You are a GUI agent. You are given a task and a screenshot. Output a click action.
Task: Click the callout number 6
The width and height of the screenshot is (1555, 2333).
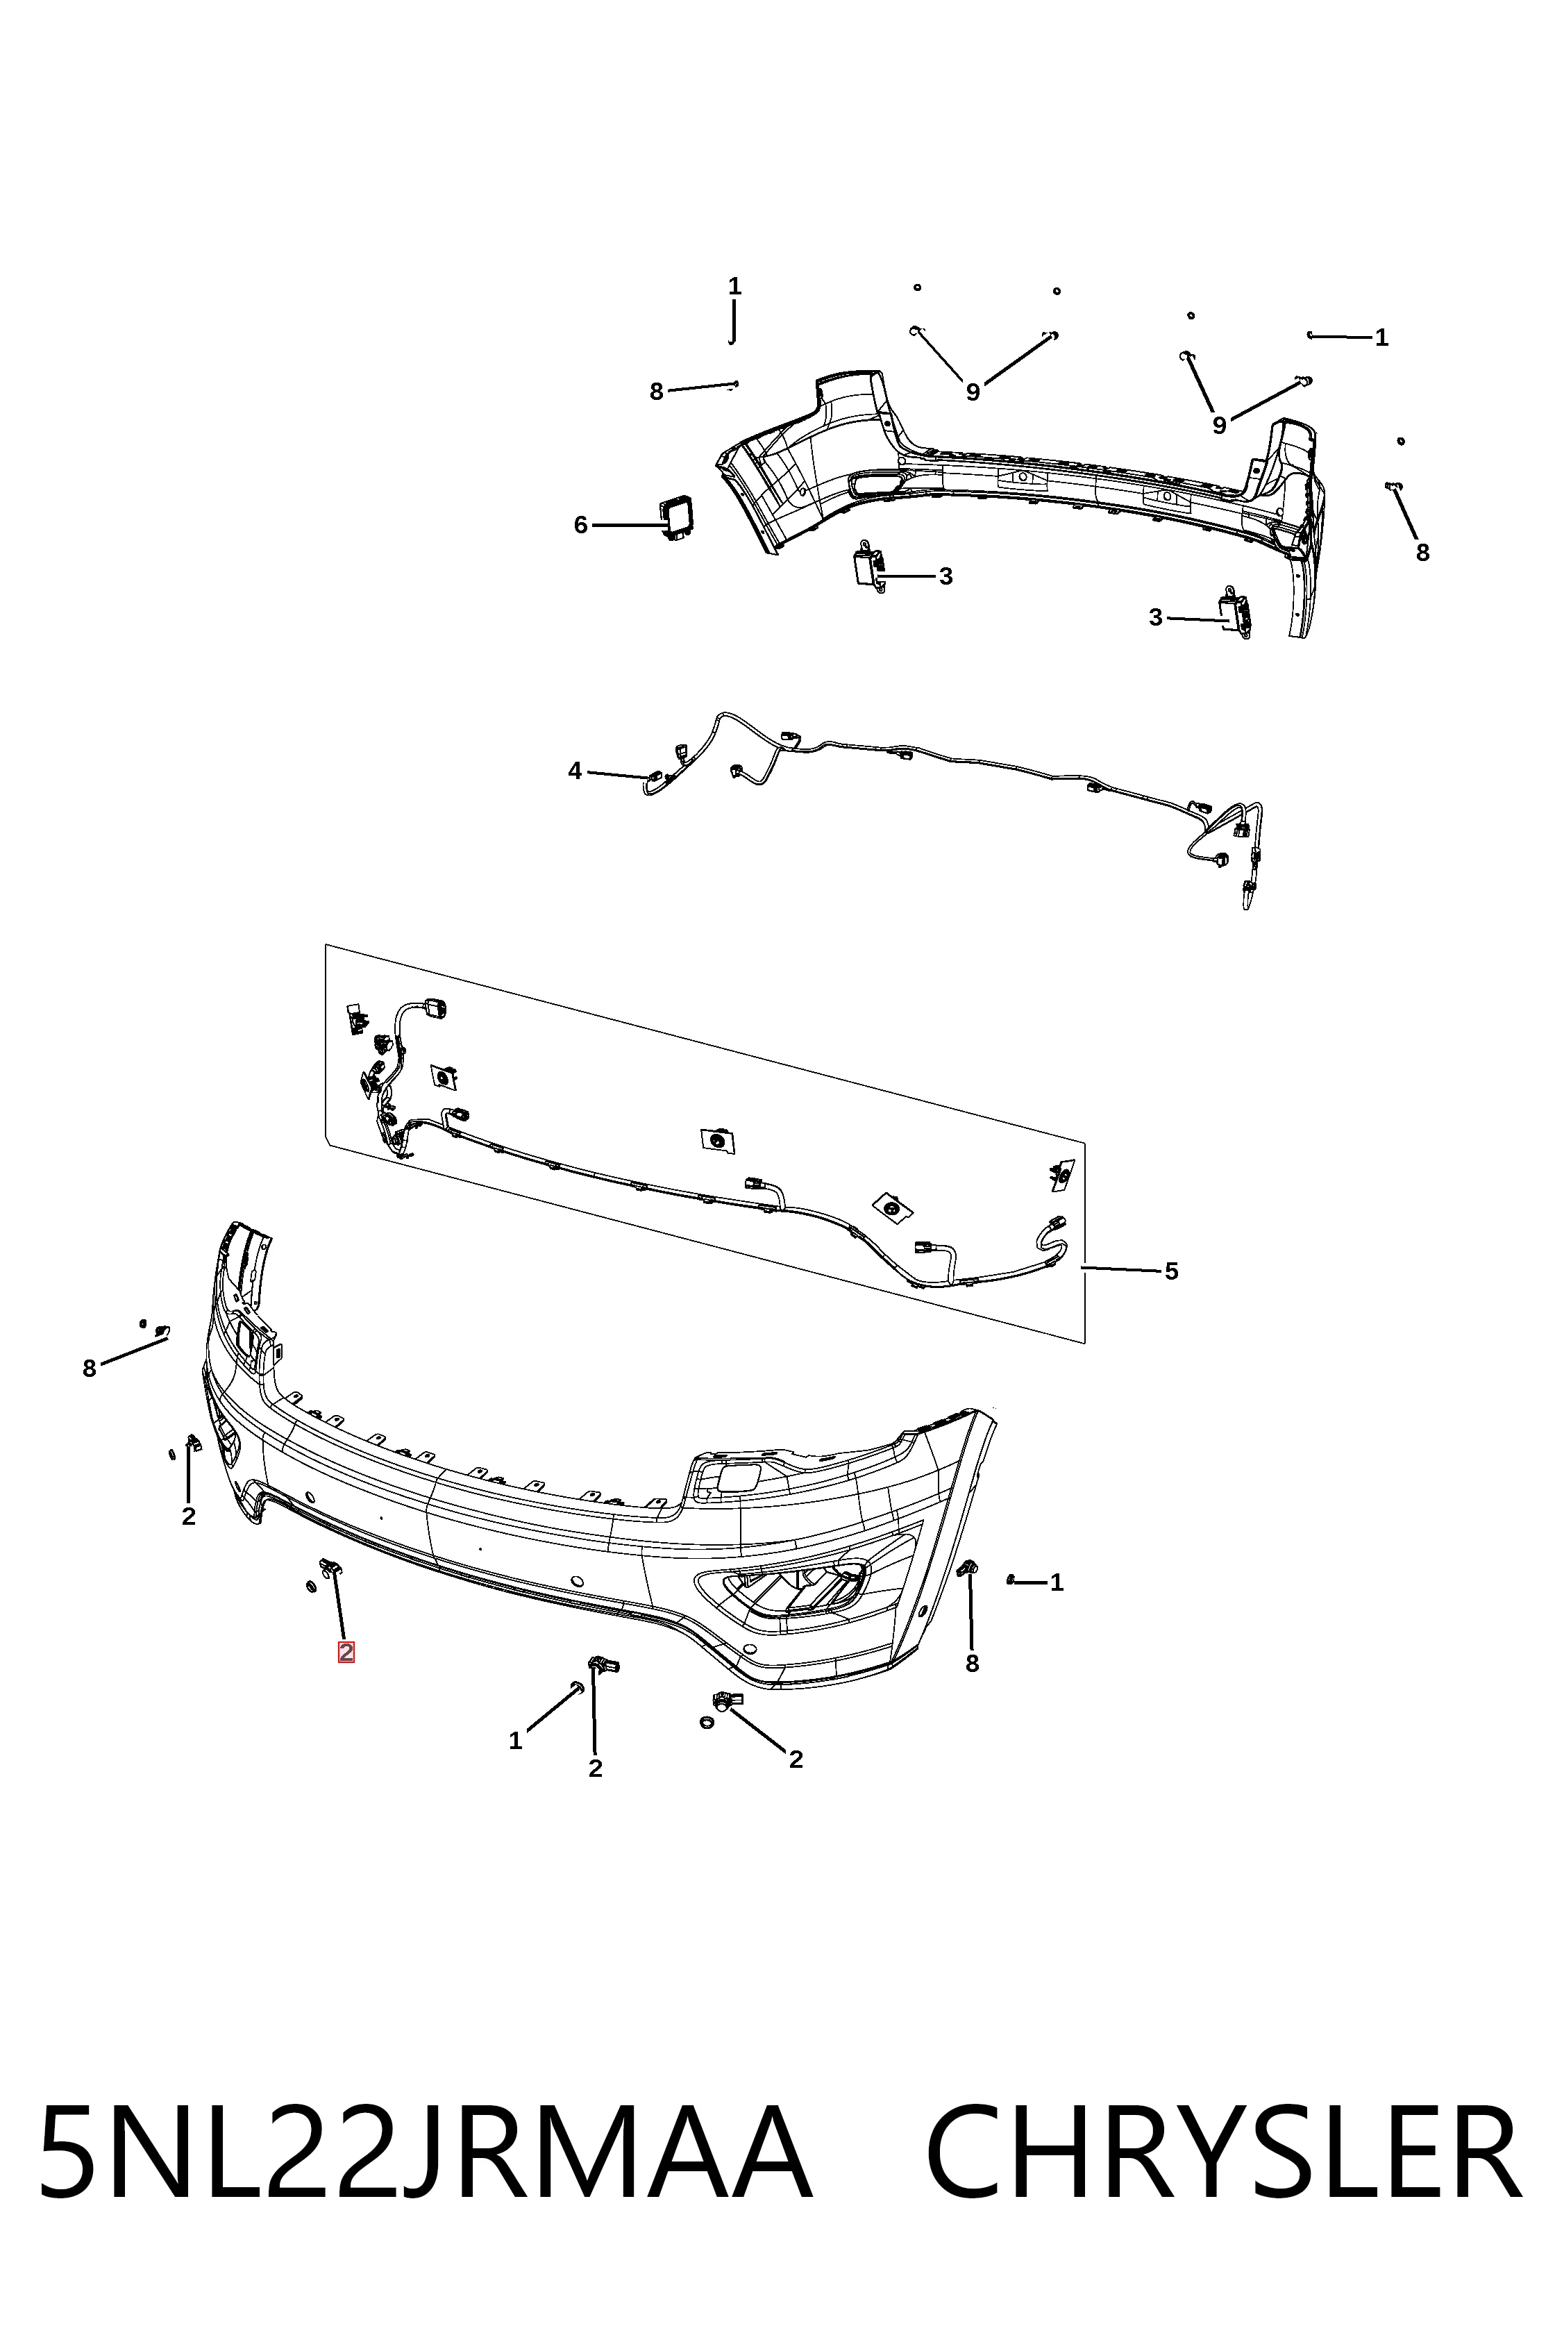tap(580, 525)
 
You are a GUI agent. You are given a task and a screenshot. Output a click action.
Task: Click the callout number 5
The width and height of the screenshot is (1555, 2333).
tap(1171, 1271)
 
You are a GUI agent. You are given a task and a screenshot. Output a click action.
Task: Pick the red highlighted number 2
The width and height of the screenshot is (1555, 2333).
tap(346, 1652)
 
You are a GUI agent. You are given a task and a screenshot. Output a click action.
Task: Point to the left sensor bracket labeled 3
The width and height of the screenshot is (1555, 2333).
tap(868, 567)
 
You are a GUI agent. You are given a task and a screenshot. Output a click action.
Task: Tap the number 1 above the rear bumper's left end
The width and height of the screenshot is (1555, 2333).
tap(735, 287)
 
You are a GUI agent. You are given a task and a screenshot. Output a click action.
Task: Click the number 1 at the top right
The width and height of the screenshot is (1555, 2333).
tap(1381, 338)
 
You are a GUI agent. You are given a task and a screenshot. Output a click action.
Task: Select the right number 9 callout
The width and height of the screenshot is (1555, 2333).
tap(1219, 426)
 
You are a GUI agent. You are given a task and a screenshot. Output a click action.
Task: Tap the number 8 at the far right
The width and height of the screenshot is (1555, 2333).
tap(1422, 553)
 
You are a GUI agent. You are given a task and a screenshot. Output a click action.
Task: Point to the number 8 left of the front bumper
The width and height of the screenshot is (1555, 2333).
tap(90, 1369)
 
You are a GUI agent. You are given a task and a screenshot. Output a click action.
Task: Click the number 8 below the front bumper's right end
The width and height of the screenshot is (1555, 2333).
tap(972, 1664)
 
